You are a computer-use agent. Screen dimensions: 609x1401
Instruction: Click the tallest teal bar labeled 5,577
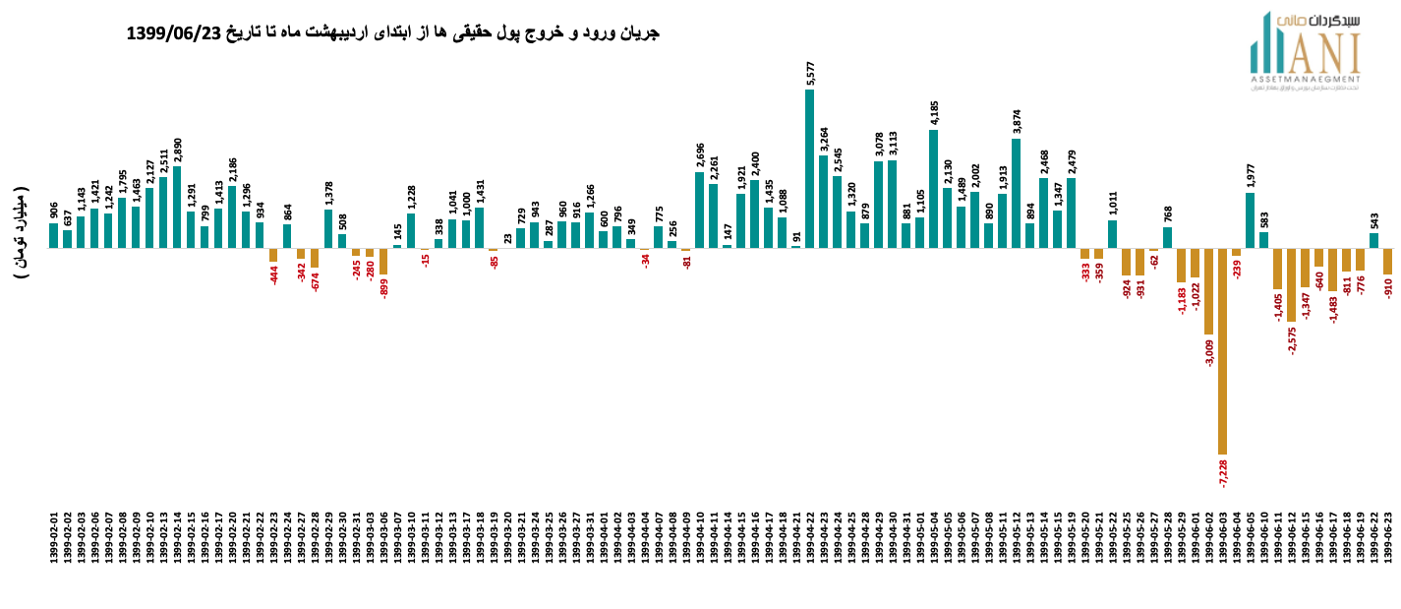point(810,168)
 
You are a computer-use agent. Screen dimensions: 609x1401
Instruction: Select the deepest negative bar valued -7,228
point(1223,350)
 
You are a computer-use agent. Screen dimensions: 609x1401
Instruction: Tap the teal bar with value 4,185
point(934,188)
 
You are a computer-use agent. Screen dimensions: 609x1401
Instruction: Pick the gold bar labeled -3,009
point(1209,291)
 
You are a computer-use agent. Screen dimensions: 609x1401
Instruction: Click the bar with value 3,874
point(1017,193)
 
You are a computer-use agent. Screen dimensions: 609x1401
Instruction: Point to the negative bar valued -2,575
point(1292,284)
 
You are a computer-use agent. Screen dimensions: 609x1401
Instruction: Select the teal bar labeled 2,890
point(177,207)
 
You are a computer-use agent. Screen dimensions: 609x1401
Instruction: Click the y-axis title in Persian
point(22,232)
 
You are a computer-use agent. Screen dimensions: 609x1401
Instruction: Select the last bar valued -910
point(1388,261)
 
